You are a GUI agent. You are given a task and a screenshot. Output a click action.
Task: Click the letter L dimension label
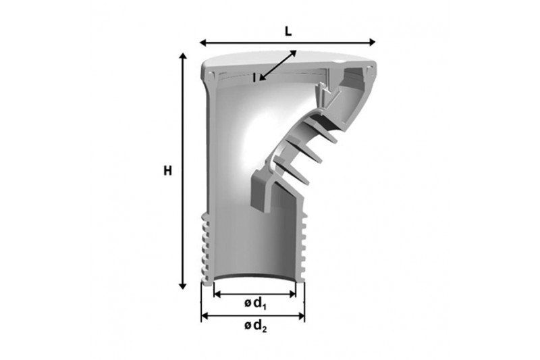(288, 31)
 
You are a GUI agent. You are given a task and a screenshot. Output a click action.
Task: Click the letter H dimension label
(167, 171)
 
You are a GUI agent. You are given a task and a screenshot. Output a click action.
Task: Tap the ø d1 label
(255, 304)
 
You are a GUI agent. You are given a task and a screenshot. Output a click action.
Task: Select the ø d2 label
(256, 326)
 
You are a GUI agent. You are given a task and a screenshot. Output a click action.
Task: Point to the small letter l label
(254, 78)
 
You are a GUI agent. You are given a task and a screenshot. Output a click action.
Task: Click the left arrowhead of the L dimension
(203, 43)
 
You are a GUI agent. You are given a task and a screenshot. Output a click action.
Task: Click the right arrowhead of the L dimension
(372, 43)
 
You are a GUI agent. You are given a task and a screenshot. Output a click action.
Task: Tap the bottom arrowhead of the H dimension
(183, 286)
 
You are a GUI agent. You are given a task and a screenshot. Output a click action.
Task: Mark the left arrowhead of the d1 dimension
(217, 294)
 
